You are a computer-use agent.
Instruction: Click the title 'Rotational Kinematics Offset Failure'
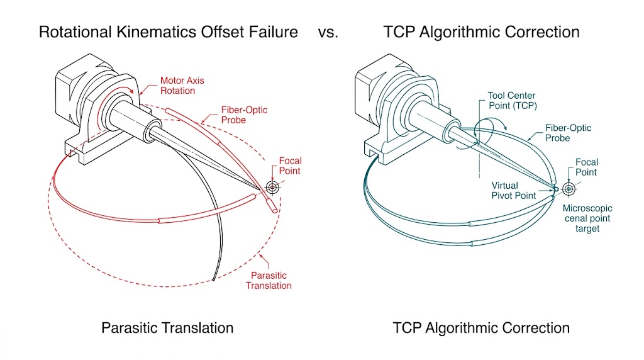point(168,32)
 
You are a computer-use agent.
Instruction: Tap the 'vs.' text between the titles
point(328,32)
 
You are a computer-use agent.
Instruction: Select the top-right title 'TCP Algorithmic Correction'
point(481,32)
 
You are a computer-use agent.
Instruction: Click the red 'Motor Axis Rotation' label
point(182,86)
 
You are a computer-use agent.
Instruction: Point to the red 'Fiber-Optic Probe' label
point(243,115)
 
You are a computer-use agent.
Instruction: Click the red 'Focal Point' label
point(290,166)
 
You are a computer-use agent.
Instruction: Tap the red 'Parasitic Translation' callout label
point(271,280)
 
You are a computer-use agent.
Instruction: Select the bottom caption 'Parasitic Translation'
point(167,328)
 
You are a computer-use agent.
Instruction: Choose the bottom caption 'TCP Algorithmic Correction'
point(481,328)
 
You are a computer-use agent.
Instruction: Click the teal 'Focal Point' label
point(586,167)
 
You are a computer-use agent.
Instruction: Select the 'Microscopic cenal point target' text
point(587,218)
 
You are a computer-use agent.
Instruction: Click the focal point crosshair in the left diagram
point(273,187)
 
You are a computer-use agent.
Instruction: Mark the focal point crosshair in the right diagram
point(569,188)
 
